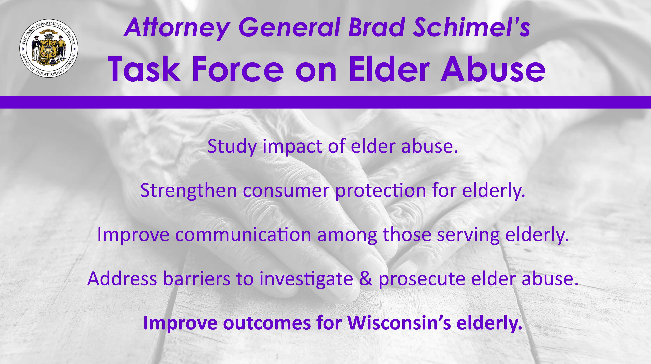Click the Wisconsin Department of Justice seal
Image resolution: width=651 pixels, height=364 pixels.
49,48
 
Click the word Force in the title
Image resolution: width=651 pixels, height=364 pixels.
238,69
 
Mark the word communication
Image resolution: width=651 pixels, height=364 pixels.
243,235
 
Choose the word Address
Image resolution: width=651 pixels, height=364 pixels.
122,279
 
